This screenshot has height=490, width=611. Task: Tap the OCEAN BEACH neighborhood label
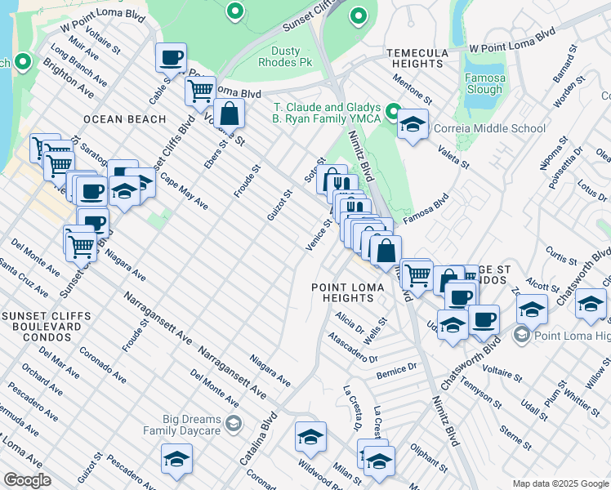(x=119, y=119)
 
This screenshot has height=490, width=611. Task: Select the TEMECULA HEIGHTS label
(x=417, y=59)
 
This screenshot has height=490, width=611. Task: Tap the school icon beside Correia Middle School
(x=413, y=124)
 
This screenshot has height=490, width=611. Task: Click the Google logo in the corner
(x=28, y=480)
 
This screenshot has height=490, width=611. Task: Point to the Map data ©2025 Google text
(x=560, y=483)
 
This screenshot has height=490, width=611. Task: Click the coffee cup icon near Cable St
(x=172, y=58)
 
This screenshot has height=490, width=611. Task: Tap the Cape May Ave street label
(x=184, y=191)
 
